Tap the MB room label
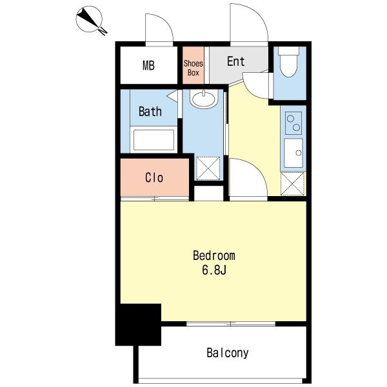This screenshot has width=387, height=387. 148,65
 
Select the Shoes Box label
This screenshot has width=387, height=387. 193,68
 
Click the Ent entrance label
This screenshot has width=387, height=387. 235,61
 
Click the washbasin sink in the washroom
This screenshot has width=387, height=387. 204,99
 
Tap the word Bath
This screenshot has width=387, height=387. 150,112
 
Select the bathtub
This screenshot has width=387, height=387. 154,139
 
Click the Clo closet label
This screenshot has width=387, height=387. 154,178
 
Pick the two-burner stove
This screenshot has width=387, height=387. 293,123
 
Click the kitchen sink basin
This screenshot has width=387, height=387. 293,153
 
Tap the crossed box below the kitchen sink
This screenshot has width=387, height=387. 292,184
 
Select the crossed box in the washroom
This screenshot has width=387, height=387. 208,168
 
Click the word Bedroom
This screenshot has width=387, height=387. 214,255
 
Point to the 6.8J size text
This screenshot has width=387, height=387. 214,270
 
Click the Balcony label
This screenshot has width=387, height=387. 228,353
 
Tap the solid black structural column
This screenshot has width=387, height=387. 138,324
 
